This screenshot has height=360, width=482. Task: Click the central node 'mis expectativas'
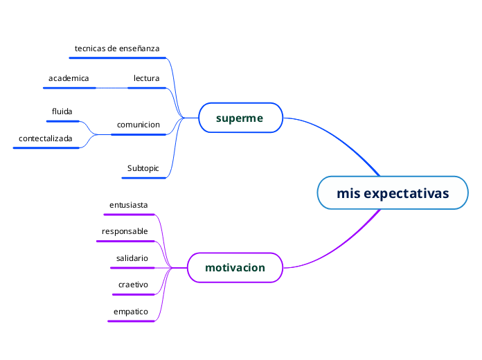click(x=393, y=192)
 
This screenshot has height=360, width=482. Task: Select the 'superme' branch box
click(x=240, y=118)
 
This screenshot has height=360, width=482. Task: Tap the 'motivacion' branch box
click(x=235, y=267)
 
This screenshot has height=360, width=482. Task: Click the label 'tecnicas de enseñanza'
click(x=117, y=48)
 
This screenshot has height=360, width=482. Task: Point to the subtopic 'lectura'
click(x=146, y=78)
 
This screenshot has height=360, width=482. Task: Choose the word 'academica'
click(x=69, y=78)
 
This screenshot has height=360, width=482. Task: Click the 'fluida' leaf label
click(x=62, y=111)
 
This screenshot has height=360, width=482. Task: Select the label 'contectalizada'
click(x=46, y=138)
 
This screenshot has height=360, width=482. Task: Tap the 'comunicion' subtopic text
click(x=139, y=125)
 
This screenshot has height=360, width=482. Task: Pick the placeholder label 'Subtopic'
click(x=143, y=168)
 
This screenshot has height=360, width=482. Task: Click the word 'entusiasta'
click(x=129, y=205)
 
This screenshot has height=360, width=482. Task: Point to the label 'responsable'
click(x=125, y=231)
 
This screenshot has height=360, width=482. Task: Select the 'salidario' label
click(x=132, y=258)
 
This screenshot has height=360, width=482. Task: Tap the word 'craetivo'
click(x=133, y=285)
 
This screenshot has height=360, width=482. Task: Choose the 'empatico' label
click(x=131, y=312)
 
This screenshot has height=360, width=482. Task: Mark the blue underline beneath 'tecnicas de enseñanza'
click(x=118, y=57)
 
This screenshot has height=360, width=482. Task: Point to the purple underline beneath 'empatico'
click(x=131, y=321)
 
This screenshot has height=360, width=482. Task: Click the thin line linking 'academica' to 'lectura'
click(x=112, y=88)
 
